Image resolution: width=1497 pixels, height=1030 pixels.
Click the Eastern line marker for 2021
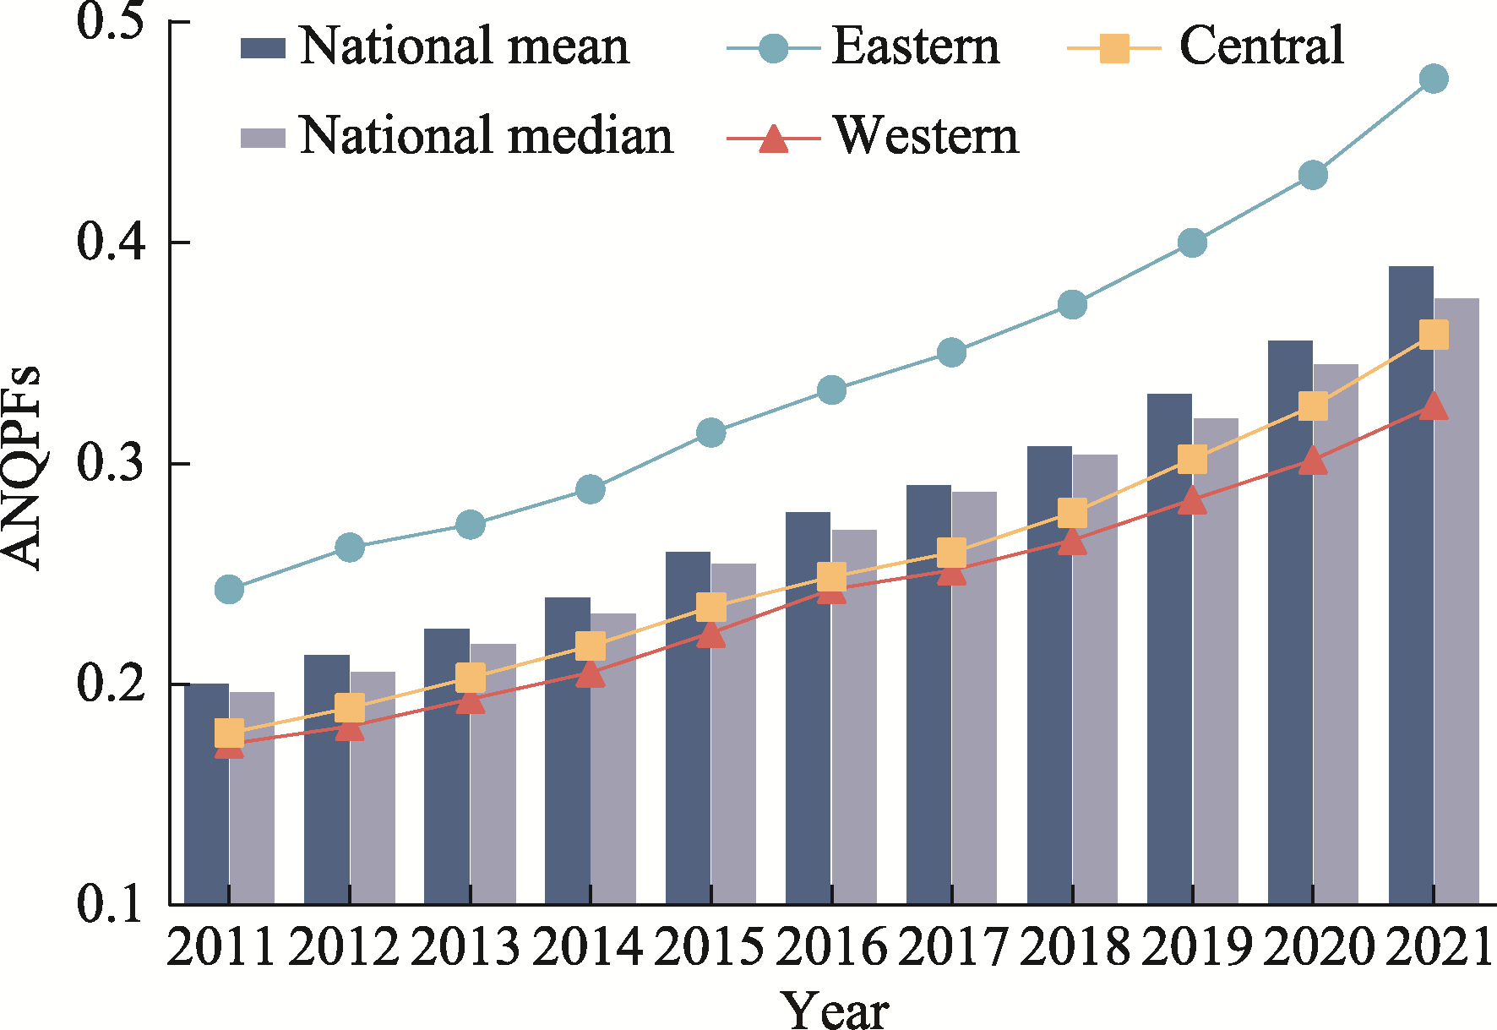(x=1433, y=79)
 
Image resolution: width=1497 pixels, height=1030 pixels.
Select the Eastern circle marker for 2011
(x=229, y=589)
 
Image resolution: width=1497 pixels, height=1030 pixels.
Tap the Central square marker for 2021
(x=1433, y=335)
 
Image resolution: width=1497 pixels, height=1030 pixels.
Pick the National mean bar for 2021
(x=1411, y=591)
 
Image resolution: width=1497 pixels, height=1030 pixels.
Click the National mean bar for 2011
(x=206, y=794)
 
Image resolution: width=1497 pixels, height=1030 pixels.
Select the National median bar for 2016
(x=854, y=718)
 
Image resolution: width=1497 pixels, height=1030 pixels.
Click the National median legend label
(x=486, y=135)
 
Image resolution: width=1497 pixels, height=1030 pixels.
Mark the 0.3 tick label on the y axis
(x=109, y=463)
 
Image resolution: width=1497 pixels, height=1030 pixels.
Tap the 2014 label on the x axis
(x=589, y=946)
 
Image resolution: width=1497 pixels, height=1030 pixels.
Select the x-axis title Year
(x=834, y=1010)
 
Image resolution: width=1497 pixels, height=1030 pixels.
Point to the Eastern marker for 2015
(x=710, y=433)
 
